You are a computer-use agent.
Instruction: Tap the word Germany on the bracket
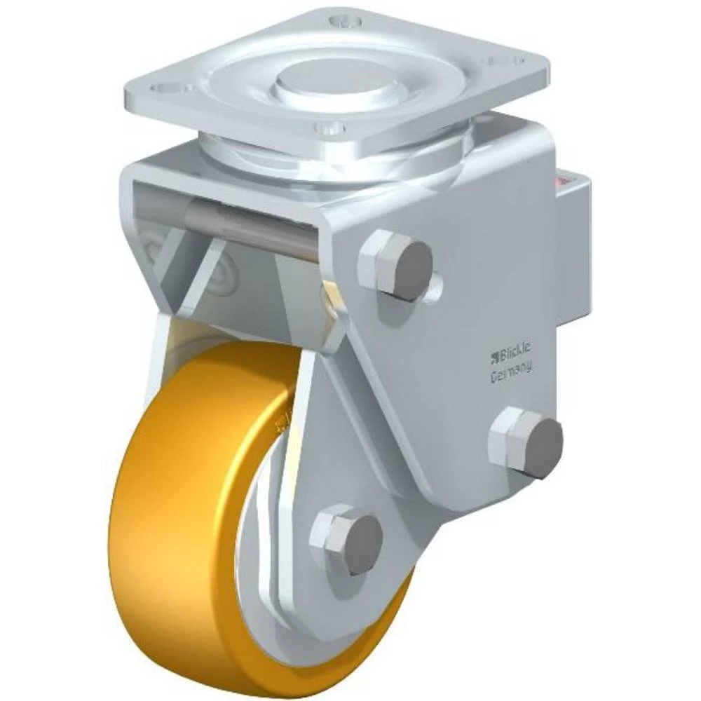click(x=510, y=370)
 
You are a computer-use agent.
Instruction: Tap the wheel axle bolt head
click(x=348, y=539)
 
